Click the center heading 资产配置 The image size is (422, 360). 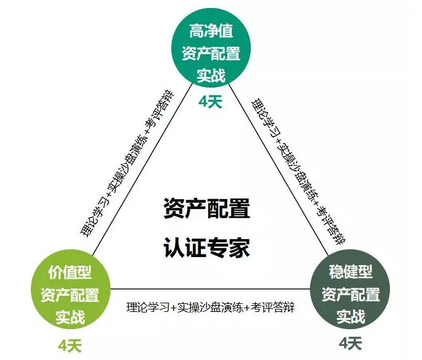point(207,208)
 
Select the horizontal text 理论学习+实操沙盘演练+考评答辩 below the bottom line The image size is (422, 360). point(210,306)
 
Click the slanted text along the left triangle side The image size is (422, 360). point(126,165)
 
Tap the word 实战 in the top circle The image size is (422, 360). point(210,75)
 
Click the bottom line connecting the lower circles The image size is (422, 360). point(210,289)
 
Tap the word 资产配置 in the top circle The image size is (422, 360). point(210,54)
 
